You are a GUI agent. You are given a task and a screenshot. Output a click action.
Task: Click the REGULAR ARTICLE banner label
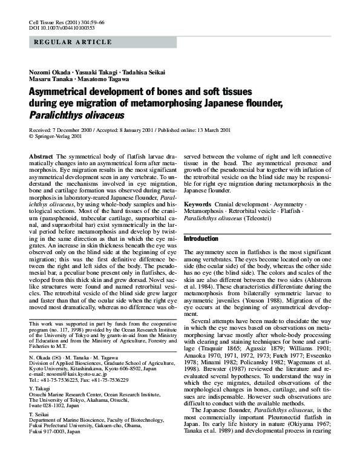point(73,42)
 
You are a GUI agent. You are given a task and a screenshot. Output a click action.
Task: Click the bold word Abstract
point(41,157)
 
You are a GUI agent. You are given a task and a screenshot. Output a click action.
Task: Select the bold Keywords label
point(197,205)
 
